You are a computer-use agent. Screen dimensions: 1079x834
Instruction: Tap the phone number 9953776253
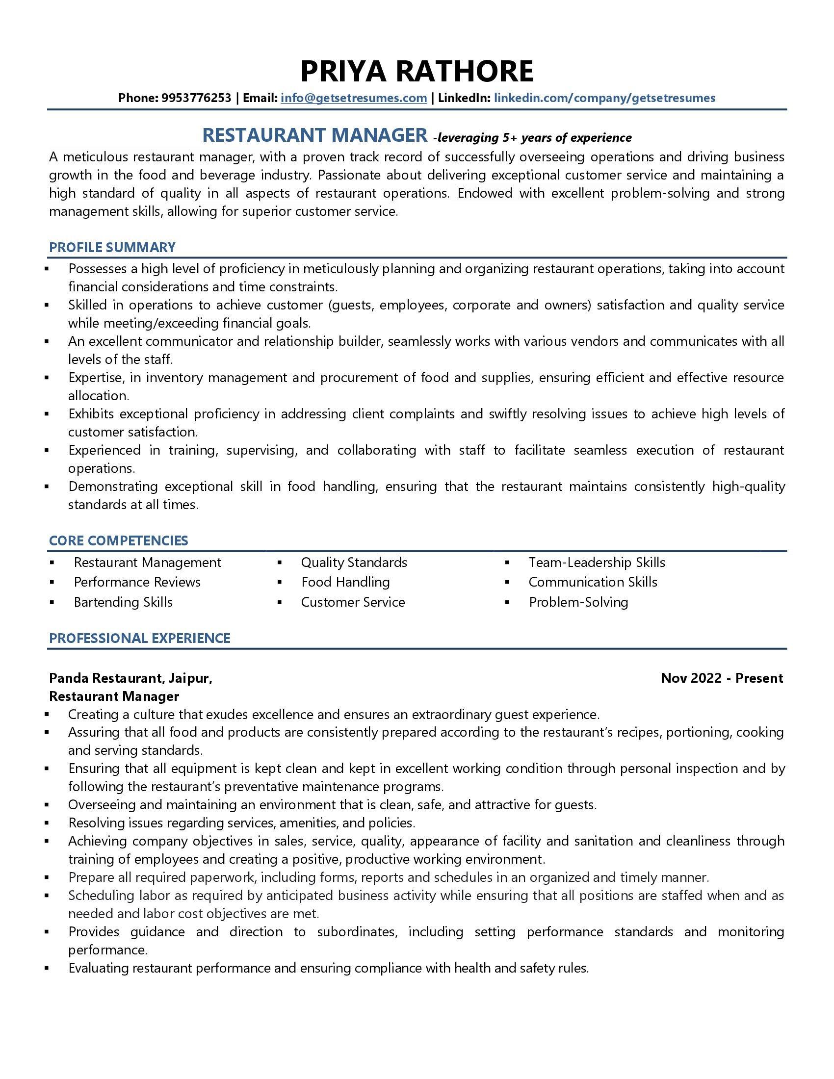click(x=196, y=98)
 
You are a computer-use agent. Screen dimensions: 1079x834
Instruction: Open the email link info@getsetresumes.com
click(x=354, y=98)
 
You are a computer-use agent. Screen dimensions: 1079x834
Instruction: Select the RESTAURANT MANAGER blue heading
click(x=315, y=135)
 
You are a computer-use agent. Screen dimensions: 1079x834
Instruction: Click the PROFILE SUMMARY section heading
click(x=112, y=247)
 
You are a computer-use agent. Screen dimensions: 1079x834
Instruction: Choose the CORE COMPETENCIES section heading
click(x=119, y=540)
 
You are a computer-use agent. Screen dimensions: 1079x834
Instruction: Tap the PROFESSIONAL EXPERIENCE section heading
click(x=140, y=638)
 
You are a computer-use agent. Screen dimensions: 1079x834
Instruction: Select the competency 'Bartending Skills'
click(x=123, y=602)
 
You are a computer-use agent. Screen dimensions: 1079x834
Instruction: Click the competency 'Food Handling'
click(x=345, y=582)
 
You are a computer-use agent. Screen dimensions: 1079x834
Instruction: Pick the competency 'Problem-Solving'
click(x=578, y=602)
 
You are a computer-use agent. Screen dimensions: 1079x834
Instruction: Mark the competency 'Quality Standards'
click(x=354, y=562)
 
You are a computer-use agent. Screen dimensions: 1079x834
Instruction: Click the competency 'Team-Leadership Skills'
click(x=597, y=562)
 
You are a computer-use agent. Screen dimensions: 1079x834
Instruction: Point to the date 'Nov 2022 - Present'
click(x=721, y=678)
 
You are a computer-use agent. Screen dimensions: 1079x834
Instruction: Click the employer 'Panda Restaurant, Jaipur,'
click(x=131, y=678)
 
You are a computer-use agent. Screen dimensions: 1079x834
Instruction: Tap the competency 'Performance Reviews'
click(x=137, y=582)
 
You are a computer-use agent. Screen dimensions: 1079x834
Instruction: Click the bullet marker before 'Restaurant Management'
click(x=52, y=563)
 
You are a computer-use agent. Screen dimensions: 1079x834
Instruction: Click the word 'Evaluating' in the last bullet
click(x=99, y=968)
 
